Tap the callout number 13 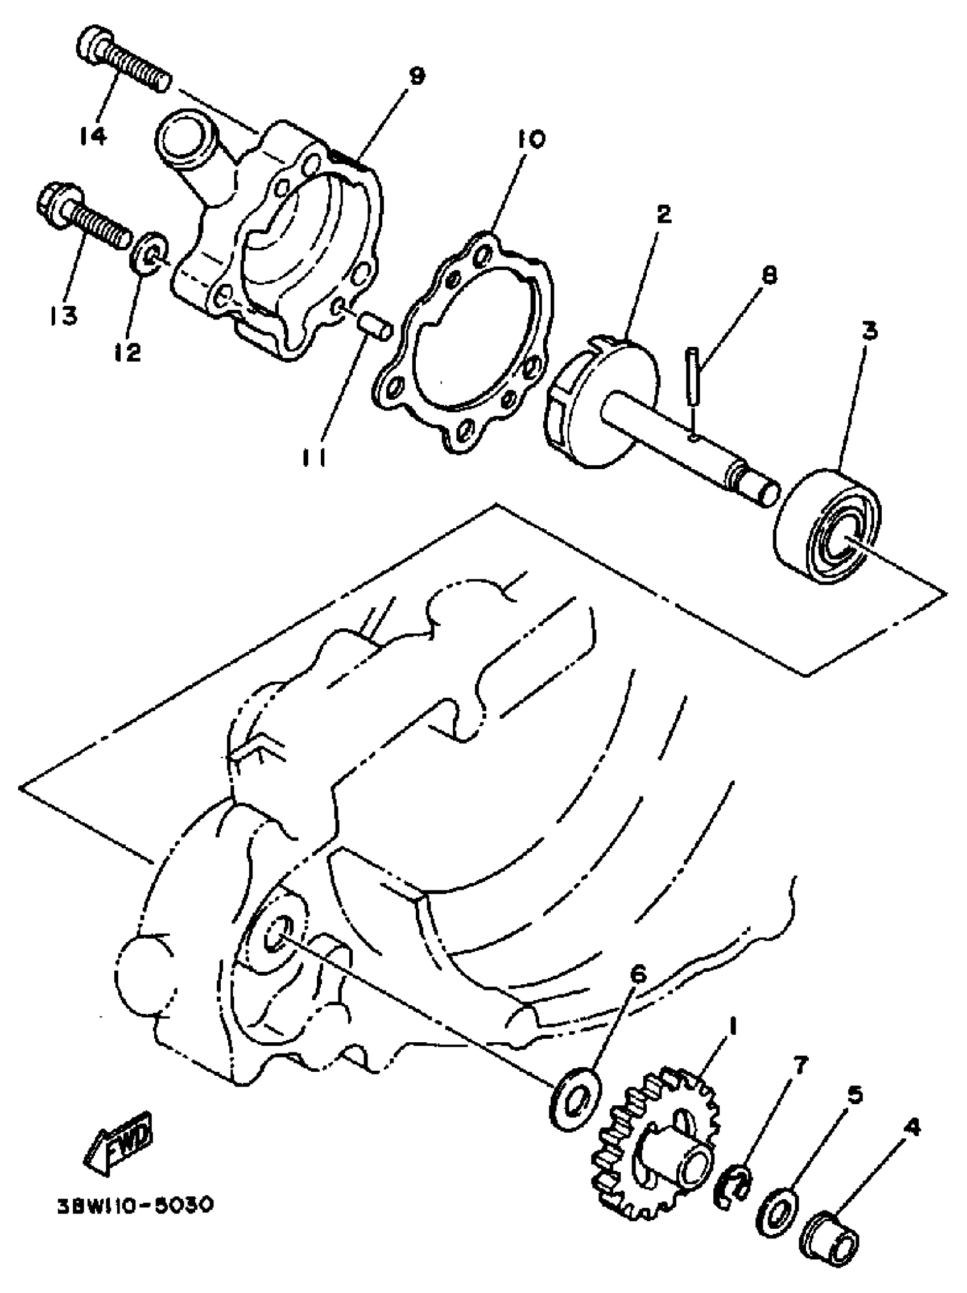click(63, 316)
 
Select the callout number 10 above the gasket click(530, 139)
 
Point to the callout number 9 click(416, 76)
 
